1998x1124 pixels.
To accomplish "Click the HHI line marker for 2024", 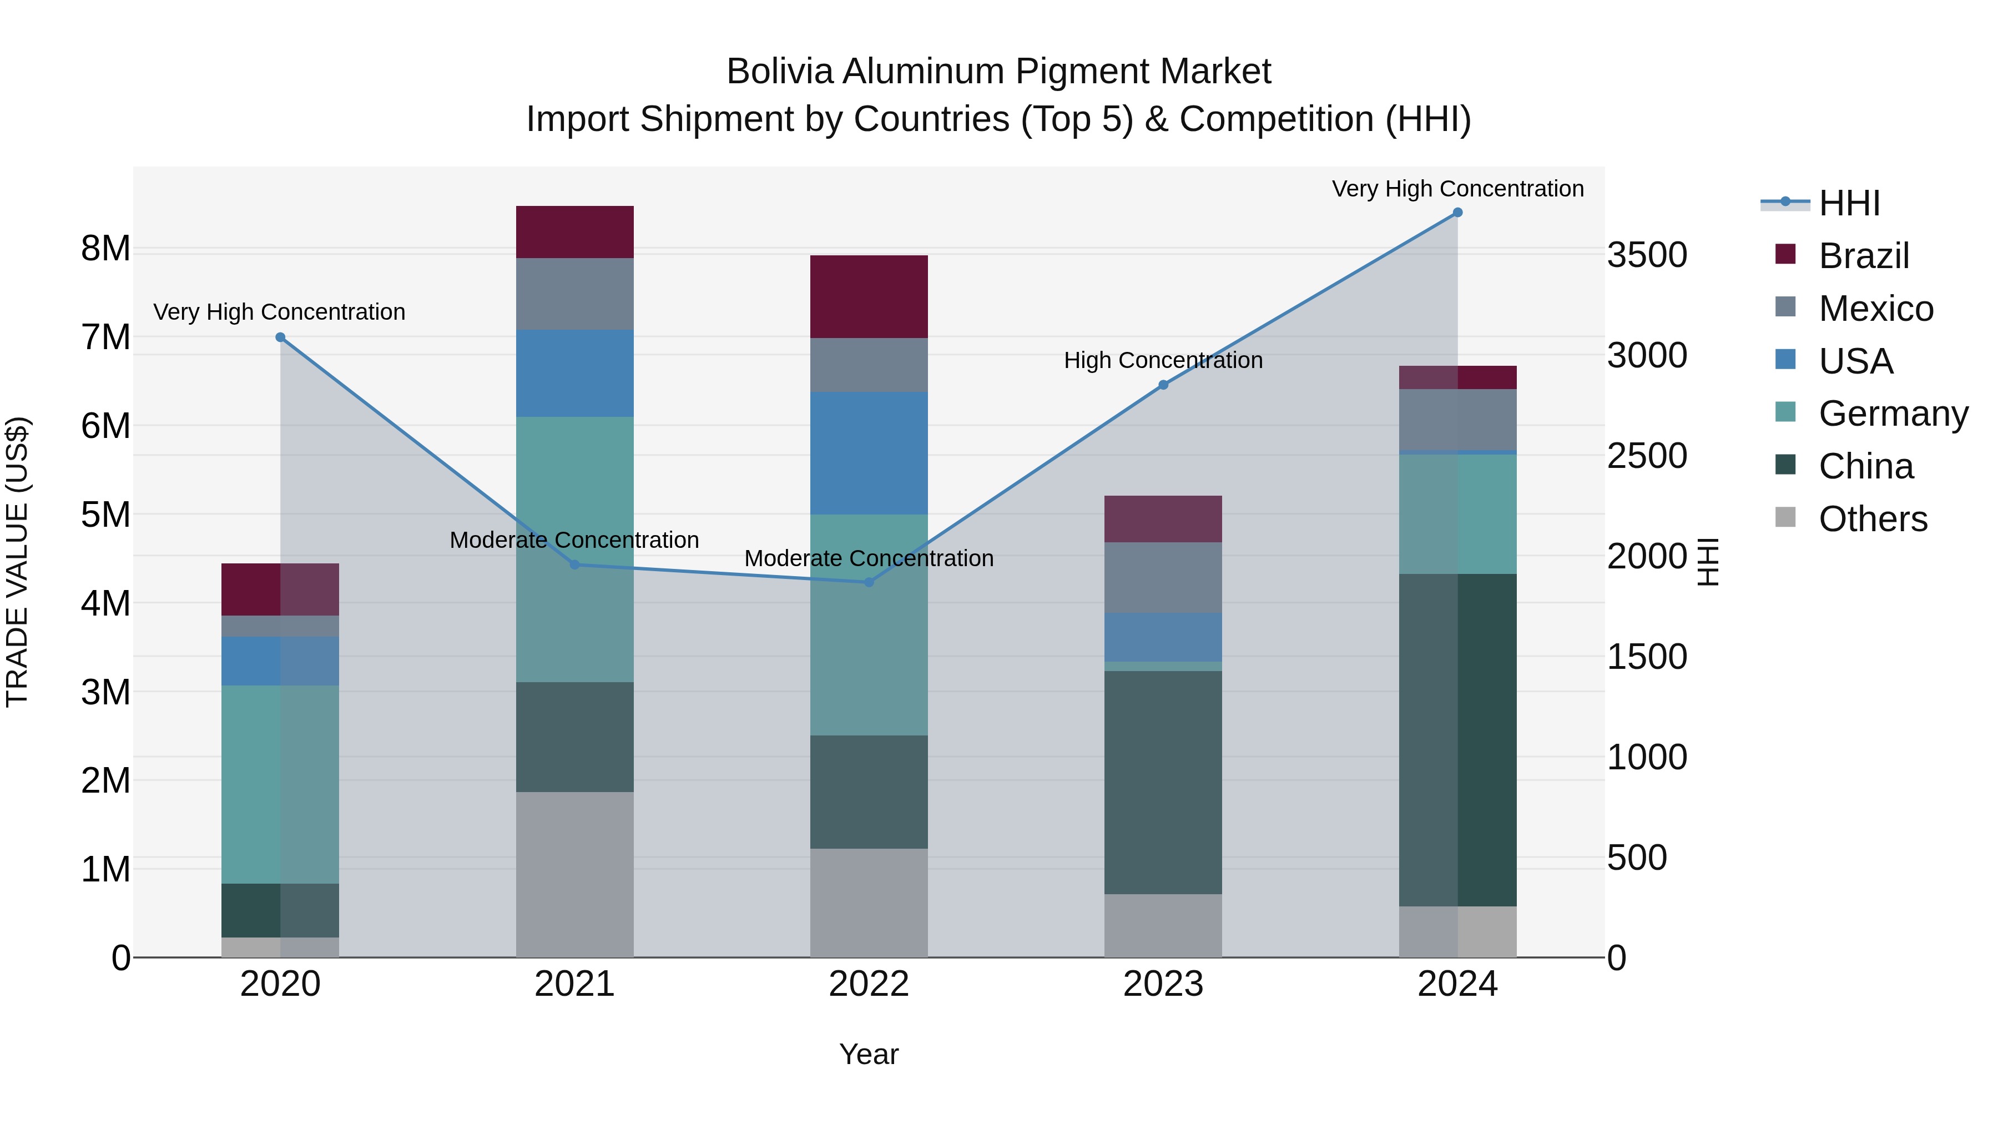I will click(1457, 213).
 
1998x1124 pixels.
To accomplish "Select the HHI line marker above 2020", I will click(281, 337).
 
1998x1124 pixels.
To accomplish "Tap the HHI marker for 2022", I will click(869, 582).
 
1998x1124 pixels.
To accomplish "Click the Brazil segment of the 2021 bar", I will click(575, 232).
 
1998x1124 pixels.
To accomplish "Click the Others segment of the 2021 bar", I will click(575, 874).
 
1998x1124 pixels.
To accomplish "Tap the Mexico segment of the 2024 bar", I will click(1457, 419).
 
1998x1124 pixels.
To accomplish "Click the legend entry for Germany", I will click(1892, 414).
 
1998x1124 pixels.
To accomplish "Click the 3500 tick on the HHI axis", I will click(1647, 255).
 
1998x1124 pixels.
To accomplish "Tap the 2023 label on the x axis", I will click(1163, 984).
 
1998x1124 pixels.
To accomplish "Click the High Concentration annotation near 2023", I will click(1163, 361).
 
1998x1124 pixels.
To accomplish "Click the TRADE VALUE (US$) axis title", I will click(17, 562).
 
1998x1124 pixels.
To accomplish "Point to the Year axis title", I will click(869, 1054).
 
